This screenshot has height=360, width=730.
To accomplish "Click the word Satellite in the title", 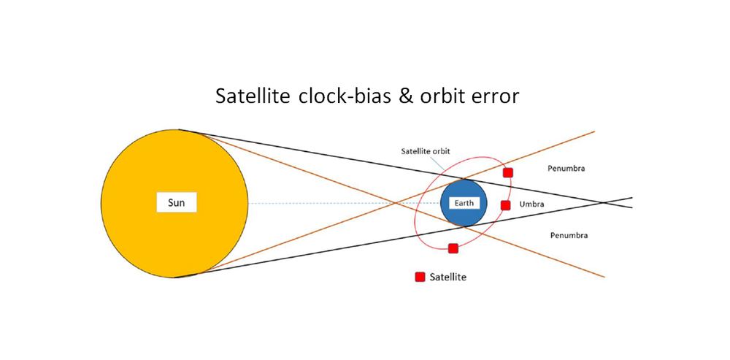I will point(253,96).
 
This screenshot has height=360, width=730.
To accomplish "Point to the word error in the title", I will point(496,96).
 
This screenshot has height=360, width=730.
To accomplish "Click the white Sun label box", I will point(177,203).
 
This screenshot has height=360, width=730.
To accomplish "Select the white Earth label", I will point(464,203).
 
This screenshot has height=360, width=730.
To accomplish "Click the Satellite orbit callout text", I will point(426,151).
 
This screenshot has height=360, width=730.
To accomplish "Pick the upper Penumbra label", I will point(566,169).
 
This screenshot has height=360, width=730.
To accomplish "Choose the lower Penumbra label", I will point(569,236).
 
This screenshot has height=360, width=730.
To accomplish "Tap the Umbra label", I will point(531,204).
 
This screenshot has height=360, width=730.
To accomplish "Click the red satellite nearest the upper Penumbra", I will point(508,172).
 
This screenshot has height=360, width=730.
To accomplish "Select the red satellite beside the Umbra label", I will point(505,205).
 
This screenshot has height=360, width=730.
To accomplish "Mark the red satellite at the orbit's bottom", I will point(453,248).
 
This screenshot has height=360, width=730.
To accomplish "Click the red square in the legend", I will point(420,277).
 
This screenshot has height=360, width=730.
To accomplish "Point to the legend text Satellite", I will point(447,277).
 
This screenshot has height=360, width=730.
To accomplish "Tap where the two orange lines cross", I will point(395,203).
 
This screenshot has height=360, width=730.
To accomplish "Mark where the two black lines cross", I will point(604,202).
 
